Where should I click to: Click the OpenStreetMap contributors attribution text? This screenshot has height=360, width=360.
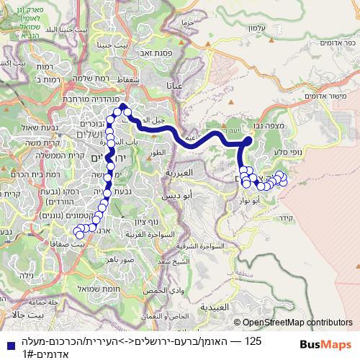(x=297, y=323)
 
